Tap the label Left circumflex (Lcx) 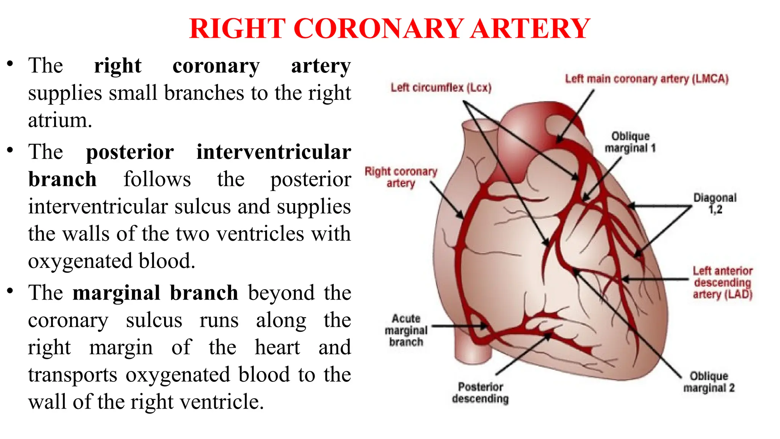pos(441,88)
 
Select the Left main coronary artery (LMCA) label pos(646,79)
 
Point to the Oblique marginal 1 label pos(630,142)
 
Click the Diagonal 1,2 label pos(715,203)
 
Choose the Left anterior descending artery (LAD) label pos(722,282)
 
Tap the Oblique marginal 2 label pos(709,382)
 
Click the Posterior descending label pos(480,393)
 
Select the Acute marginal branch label pos(406,330)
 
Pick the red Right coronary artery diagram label pos(401,177)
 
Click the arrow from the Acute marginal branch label pos(459,326)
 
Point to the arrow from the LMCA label pos(575,116)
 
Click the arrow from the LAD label pos(655,279)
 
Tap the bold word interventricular pos(273,152)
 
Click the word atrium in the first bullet pos(60,120)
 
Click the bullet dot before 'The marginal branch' pos(10,292)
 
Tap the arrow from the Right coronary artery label pos(446,200)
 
